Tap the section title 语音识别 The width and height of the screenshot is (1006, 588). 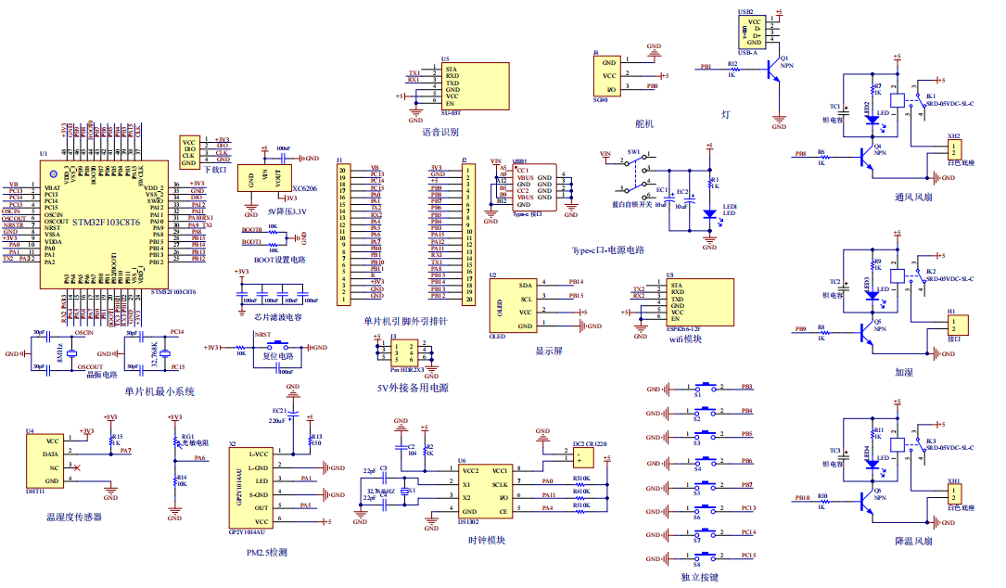[439, 132]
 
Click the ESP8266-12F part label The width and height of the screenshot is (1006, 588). [682, 329]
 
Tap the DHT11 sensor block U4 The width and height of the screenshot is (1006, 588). [54, 462]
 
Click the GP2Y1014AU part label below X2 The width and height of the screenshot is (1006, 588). [246, 532]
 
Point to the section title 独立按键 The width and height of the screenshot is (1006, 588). [699, 577]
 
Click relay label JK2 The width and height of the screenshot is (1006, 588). [930, 272]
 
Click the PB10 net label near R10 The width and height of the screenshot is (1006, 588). [801, 497]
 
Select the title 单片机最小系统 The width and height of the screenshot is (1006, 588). [159, 392]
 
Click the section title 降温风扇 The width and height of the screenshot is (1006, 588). [912, 541]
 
